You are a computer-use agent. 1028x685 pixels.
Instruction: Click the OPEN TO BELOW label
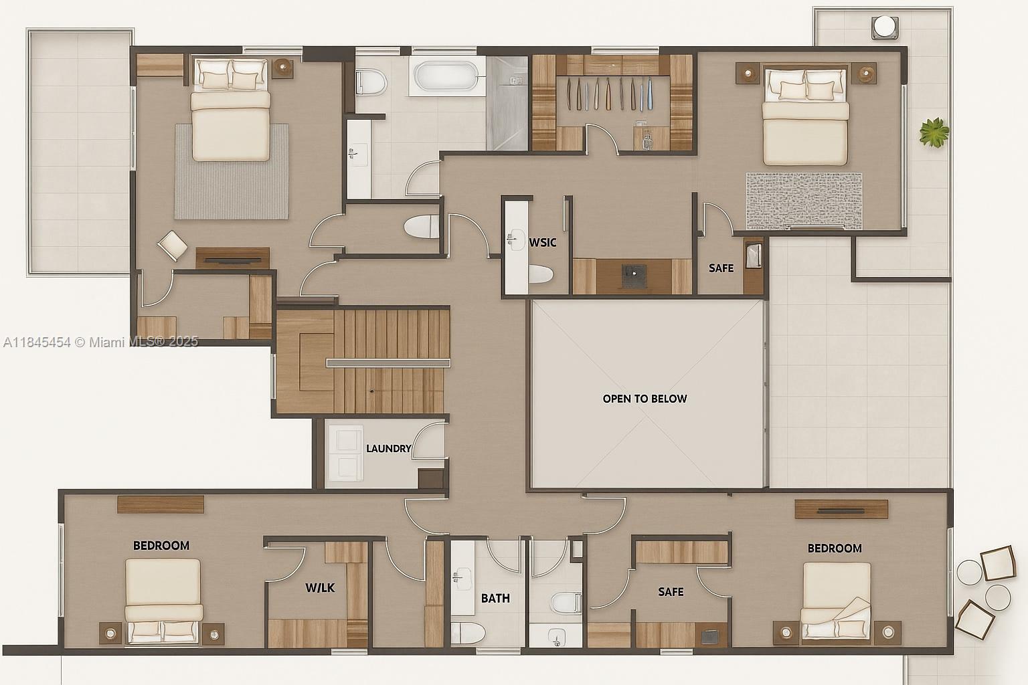tap(645, 399)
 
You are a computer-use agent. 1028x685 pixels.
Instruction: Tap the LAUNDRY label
tap(388, 448)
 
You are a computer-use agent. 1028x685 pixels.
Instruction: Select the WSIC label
tap(543, 242)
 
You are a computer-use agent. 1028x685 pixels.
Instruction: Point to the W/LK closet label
tap(320, 588)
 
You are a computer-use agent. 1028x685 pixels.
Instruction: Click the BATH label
tap(495, 598)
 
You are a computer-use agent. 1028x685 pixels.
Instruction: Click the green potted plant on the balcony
tap(934, 132)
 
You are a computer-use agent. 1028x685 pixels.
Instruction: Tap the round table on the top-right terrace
tap(885, 27)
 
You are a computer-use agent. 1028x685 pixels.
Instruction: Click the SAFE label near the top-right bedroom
tap(721, 268)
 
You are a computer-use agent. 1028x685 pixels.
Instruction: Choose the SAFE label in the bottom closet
tap(671, 592)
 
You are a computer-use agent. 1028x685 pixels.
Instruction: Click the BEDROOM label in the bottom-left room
tap(161, 545)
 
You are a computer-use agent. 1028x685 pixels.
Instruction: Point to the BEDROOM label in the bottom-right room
tap(835, 549)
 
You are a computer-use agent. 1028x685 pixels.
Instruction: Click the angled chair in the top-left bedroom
tap(173, 246)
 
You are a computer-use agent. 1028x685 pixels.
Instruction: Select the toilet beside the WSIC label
tap(540, 274)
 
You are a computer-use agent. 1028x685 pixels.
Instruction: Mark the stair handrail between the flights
tap(388, 363)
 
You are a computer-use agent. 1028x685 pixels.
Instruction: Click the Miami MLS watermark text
tap(100, 342)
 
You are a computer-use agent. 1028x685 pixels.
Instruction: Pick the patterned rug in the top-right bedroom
tap(804, 201)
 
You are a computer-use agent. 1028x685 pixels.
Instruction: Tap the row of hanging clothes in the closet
tap(609, 94)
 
